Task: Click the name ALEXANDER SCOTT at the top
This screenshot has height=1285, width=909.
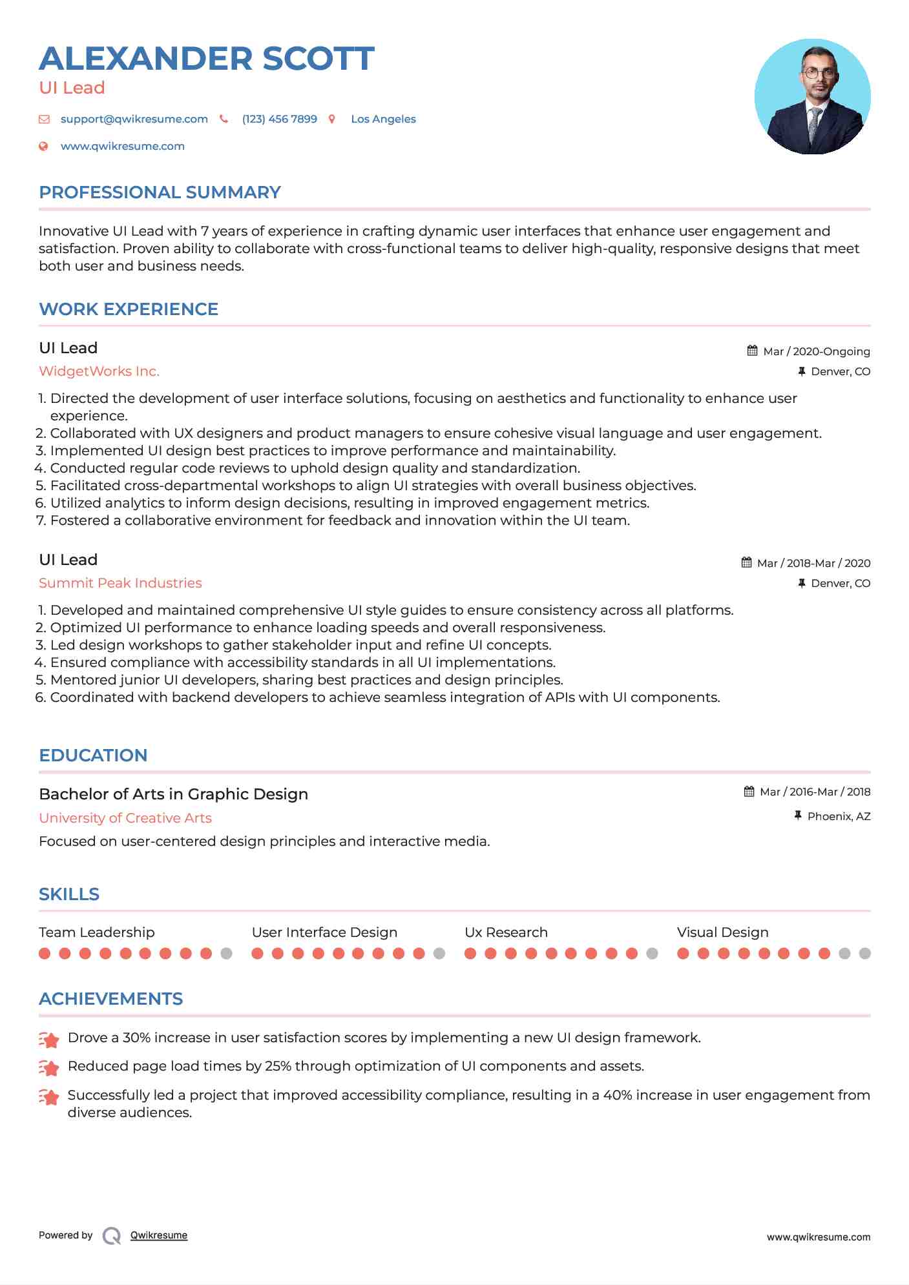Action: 207,59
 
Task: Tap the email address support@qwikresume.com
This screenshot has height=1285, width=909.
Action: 134,119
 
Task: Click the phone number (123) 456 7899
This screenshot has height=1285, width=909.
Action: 279,119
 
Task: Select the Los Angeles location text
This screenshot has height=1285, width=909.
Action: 383,119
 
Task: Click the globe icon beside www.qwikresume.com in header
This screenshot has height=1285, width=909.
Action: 44,146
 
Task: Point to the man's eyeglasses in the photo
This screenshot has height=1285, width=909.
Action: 819,73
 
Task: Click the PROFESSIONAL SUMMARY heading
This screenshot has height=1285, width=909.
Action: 160,192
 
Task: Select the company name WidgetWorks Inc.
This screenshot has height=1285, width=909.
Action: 99,371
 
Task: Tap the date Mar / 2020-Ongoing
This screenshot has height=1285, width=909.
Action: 816,351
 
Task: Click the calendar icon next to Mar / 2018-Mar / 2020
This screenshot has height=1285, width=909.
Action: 746,562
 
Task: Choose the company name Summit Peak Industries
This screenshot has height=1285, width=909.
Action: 120,583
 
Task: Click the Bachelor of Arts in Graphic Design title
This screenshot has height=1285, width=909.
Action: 173,794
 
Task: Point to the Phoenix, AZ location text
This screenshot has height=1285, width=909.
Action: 839,816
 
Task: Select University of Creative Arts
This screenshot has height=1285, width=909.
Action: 125,818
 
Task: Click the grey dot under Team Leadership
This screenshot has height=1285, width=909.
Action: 226,953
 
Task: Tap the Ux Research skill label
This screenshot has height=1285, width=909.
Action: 506,932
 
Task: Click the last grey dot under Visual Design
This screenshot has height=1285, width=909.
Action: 865,953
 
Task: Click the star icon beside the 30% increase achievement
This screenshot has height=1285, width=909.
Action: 49,1039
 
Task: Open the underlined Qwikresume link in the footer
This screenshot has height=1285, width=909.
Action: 159,1235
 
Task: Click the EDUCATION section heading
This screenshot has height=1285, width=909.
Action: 93,756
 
